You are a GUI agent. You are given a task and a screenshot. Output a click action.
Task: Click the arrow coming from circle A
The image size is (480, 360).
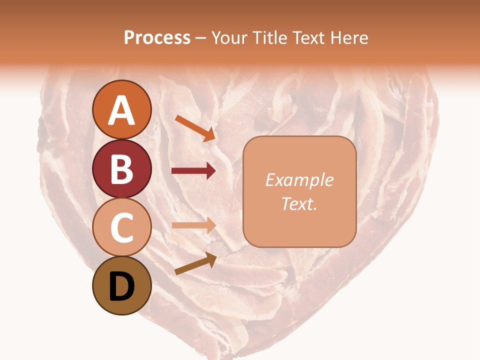point(195,127)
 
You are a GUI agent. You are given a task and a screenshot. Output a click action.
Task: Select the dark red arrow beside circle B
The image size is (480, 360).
point(193,171)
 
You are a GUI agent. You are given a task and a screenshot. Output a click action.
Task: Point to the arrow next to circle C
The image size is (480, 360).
point(193,225)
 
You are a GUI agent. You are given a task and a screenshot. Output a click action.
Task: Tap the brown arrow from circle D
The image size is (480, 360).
point(195,263)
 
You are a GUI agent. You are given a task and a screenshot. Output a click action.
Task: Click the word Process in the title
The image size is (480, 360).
point(157,38)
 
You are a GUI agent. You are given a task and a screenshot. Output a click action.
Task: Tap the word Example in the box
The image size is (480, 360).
point(299,180)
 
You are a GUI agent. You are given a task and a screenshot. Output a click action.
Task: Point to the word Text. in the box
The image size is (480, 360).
point(299,203)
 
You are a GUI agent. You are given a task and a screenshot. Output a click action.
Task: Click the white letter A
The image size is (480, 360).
point(121,110)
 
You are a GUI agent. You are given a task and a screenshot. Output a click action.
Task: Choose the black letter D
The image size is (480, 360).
point(121,286)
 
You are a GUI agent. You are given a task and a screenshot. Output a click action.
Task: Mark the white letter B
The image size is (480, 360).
point(121,169)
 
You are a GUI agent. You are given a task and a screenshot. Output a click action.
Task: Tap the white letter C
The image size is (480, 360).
point(121,227)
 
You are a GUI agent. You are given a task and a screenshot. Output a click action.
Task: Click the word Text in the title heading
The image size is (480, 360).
point(307,38)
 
